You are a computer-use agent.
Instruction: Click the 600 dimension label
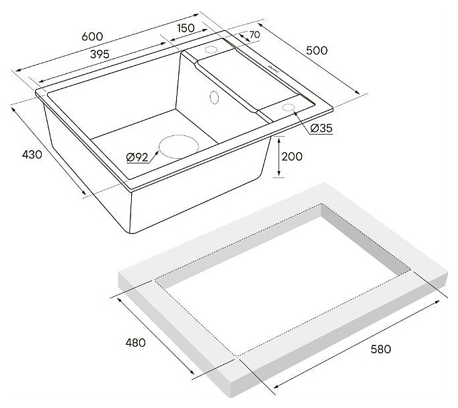pos(92,36)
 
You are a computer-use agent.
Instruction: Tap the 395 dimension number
pos(100,54)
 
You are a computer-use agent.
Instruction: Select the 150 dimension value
pos(186,28)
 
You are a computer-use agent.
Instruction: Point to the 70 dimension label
pos(255,34)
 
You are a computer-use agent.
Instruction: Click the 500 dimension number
pos(317,50)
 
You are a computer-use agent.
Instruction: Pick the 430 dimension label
pos(32,154)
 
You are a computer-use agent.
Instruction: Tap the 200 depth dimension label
pos(292,156)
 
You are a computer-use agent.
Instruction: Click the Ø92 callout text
pos(137,158)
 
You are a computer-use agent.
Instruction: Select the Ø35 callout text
pos(321,128)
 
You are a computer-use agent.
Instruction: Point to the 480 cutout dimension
pos(136,343)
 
